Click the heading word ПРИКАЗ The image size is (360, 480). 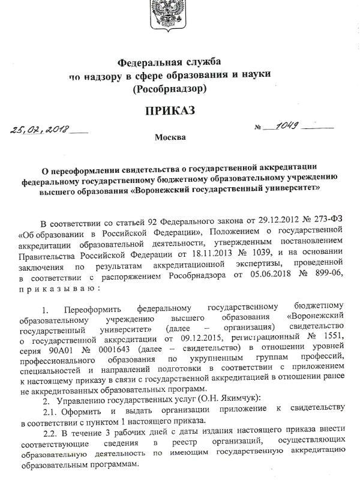(170, 111)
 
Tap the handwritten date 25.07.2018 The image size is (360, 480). (40, 130)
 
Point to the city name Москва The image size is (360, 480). (170, 137)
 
